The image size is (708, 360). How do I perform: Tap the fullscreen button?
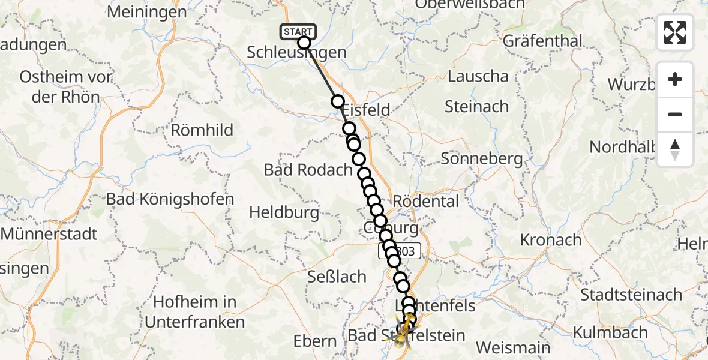pyautogui.click(x=675, y=32)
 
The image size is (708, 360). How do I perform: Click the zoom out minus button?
pyautogui.click(x=675, y=114)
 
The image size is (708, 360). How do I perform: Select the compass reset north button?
pyautogui.click(x=675, y=149)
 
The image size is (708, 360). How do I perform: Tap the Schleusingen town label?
pyautogui.click(x=296, y=53)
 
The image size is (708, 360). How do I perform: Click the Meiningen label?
pyautogui.click(x=148, y=11)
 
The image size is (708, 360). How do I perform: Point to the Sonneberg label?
pyautogui.click(x=482, y=159)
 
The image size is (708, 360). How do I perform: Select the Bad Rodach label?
pyautogui.click(x=308, y=170)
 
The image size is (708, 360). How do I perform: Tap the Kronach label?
pyautogui.click(x=551, y=240)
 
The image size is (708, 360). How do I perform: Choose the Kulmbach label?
pyautogui.click(x=610, y=332)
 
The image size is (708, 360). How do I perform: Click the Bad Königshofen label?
pyautogui.click(x=170, y=199)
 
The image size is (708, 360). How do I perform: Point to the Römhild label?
pyautogui.click(x=202, y=130)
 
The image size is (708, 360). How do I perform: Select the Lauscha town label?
pyautogui.click(x=478, y=77)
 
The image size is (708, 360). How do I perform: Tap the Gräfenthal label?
pyautogui.click(x=542, y=41)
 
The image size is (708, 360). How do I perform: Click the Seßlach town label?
pyautogui.click(x=337, y=277)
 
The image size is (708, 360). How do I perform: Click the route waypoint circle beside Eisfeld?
pyautogui.click(x=338, y=102)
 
